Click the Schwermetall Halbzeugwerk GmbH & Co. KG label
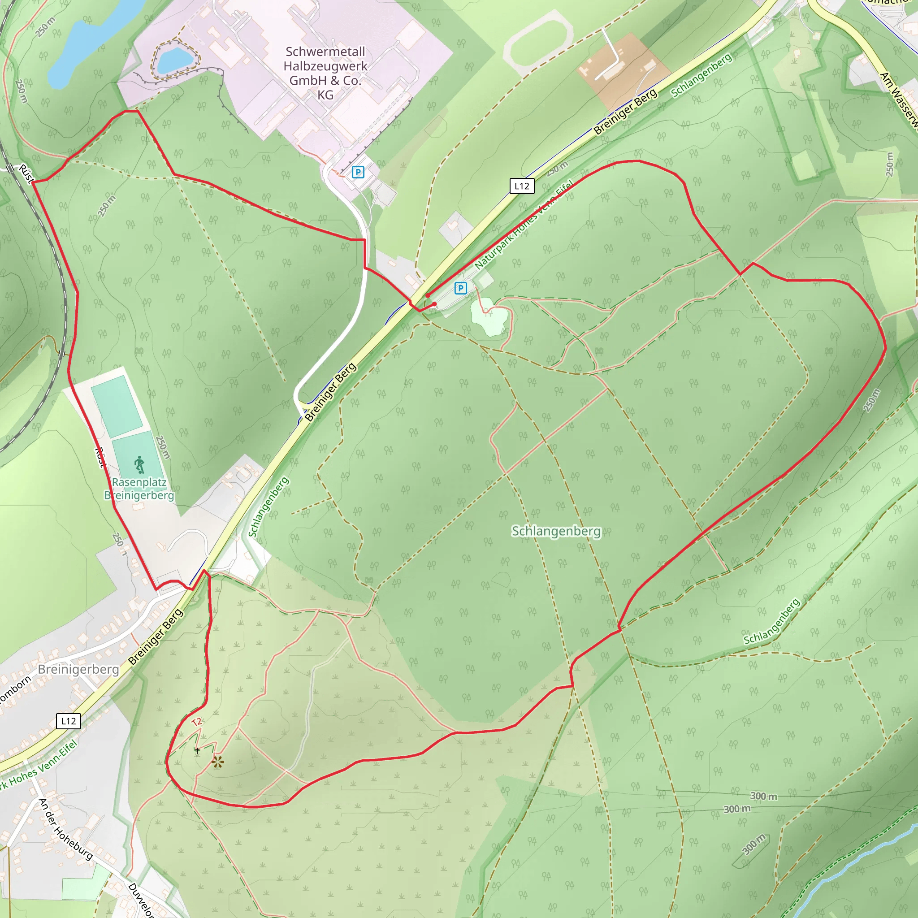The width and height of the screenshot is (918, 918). click(325, 73)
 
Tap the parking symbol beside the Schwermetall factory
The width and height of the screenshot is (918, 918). click(358, 172)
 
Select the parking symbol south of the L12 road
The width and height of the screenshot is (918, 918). click(460, 288)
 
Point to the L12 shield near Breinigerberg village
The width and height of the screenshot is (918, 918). click(69, 721)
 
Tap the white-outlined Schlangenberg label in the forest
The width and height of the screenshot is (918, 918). click(556, 531)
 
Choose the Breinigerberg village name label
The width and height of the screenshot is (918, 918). click(78, 670)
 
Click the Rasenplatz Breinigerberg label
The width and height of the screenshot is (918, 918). click(139, 489)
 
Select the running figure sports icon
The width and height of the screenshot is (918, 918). click(139, 465)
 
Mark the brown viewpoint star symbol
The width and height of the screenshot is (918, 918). click(217, 762)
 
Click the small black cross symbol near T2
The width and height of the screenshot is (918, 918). click(197, 751)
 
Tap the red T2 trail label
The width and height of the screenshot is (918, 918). click(197, 722)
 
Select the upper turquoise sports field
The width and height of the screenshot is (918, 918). click(117, 406)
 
